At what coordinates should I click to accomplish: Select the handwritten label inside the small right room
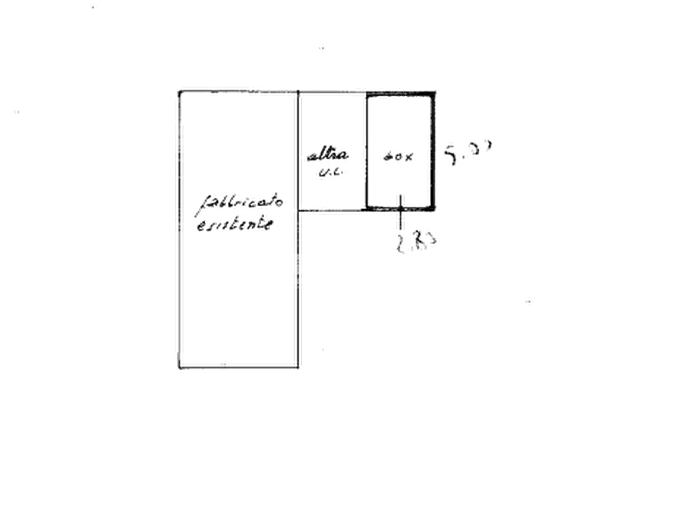coord(398,158)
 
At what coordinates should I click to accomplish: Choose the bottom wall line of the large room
coord(239,370)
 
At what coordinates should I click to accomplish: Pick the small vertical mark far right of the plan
coord(525,302)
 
